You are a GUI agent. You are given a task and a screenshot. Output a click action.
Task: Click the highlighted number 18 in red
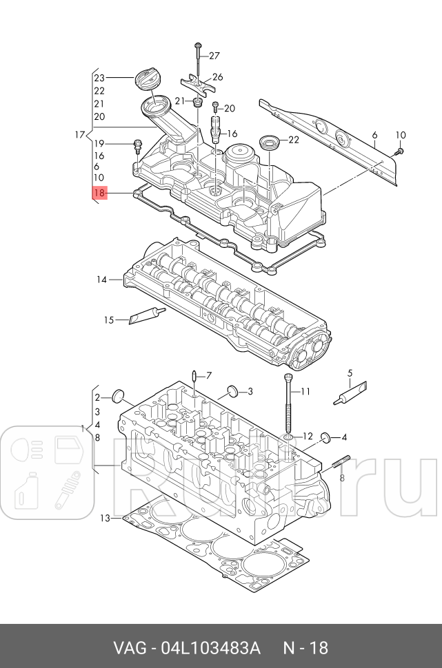[x=99, y=194]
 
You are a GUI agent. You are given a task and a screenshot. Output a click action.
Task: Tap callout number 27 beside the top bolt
[x=214, y=56]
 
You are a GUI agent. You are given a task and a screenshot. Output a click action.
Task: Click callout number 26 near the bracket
[x=217, y=77]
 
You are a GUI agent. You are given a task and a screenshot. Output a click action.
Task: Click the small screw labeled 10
[x=400, y=150]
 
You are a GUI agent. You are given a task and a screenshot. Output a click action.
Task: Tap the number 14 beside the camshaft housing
[x=102, y=280]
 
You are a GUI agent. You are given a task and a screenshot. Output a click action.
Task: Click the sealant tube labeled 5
[x=350, y=395]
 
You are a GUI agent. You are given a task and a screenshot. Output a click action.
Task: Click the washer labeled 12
[x=288, y=437]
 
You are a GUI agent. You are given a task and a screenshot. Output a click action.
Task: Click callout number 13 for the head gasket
[x=105, y=517]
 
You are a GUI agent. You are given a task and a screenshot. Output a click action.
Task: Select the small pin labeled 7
[x=194, y=376]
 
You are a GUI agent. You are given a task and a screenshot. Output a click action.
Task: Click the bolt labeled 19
[x=137, y=145]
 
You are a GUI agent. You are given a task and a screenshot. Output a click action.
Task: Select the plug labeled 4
[x=325, y=437]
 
